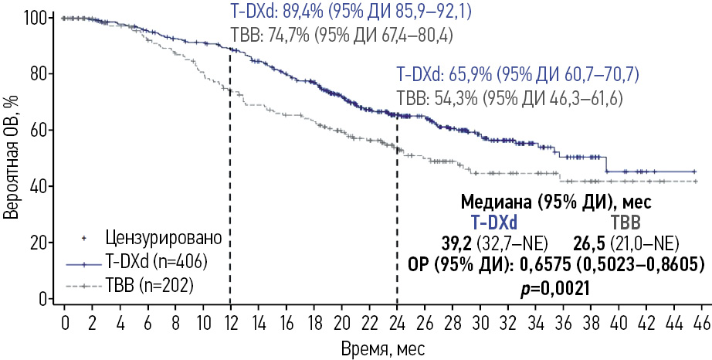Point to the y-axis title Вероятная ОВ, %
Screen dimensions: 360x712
coord(12,158)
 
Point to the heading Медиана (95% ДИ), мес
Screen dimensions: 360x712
coord(555,202)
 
